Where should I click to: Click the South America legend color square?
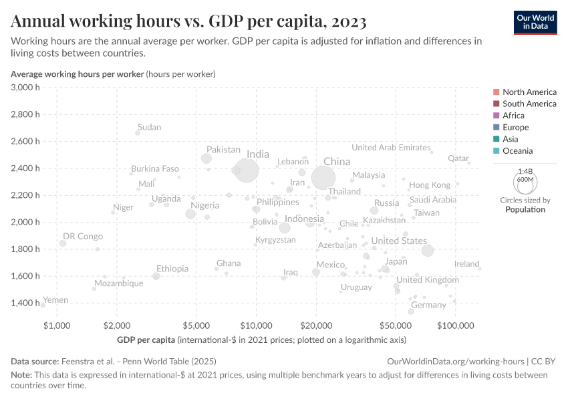496,104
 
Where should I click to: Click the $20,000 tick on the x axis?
316,325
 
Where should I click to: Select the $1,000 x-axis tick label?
57,325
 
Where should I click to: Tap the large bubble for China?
323,178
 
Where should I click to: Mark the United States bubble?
428,251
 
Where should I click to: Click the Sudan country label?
149,127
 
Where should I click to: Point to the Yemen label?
55,300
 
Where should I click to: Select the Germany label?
428,305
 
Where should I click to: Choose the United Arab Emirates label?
391,147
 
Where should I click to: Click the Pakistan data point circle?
206,158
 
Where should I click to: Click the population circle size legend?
525,181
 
